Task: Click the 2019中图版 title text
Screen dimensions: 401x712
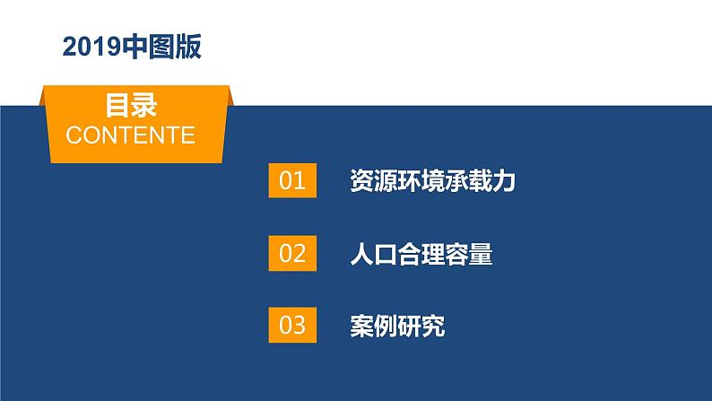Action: [x=132, y=48]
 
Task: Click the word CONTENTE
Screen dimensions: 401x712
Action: [x=131, y=135]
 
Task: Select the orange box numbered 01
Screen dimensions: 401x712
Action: [x=293, y=181]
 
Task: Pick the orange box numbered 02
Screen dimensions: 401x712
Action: [x=293, y=254]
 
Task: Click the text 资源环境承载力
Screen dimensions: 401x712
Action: [x=432, y=182]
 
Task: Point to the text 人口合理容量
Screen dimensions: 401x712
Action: [x=421, y=255]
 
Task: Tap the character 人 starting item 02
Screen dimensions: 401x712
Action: [x=361, y=255]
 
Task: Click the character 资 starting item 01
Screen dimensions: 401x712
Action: [x=361, y=182]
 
